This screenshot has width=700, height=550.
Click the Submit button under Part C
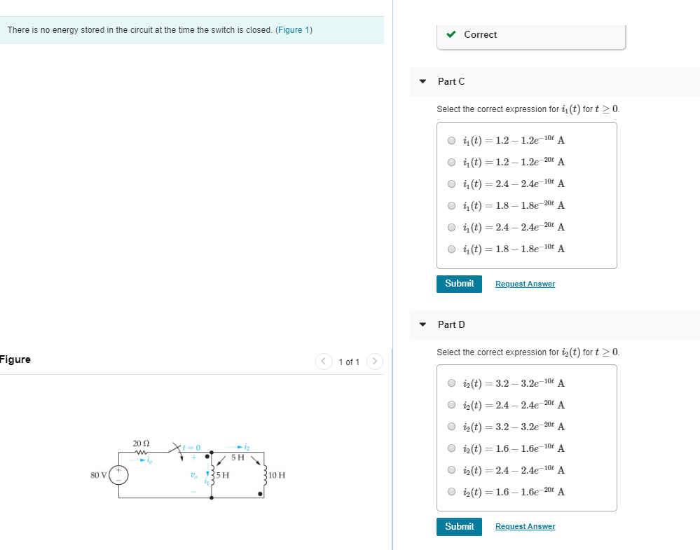pyautogui.click(x=459, y=284)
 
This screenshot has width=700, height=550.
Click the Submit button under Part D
pyautogui.click(x=459, y=527)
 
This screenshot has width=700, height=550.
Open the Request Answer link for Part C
pyautogui.click(x=525, y=284)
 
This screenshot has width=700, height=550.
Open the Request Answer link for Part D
pyautogui.click(x=525, y=527)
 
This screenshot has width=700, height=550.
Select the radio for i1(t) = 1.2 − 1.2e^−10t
pyautogui.click(x=452, y=140)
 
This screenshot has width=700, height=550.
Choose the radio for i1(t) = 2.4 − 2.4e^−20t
pyautogui.click(x=452, y=227)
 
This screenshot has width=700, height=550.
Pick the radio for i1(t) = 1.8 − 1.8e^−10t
pyautogui.click(x=452, y=249)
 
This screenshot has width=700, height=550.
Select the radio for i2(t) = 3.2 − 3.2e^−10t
pyautogui.click(x=452, y=383)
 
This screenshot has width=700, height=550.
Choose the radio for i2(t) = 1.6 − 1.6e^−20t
pyautogui.click(x=452, y=492)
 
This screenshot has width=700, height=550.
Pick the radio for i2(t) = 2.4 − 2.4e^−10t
pyautogui.click(x=452, y=470)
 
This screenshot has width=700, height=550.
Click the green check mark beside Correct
pyautogui.click(x=452, y=34)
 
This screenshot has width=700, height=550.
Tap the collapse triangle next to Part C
pyautogui.click(x=423, y=82)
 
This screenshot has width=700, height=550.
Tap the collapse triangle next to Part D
pyautogui.click(x=423, y=325)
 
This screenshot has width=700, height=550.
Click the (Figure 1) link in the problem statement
pyautogui.click(x=294, y=30)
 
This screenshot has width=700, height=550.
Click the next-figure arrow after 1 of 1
pyautogui.click(x=375, y=362)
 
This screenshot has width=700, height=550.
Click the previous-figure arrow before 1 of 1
pyautogui.click(x=323, y=362)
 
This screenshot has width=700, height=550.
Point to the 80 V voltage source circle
pyautogui.click(x=118, y=475)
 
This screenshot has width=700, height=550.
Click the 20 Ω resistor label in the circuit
pyautogui.click(x=141, y=444)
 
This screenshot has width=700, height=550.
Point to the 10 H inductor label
pyautogui.click(x=276, y=475)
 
